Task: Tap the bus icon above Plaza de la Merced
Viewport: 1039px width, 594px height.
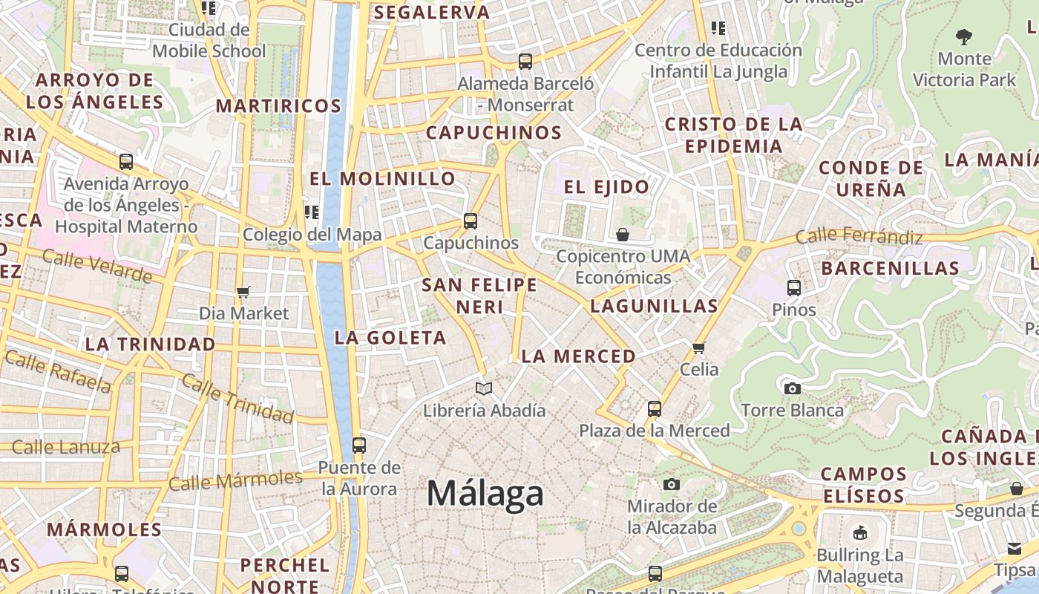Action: tap(654, 408)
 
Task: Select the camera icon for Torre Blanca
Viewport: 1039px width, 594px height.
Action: tap(793, 388)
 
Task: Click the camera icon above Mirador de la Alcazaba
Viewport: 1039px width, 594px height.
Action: tap(672, 485)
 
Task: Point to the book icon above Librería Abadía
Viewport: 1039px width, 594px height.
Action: tap(484, 388)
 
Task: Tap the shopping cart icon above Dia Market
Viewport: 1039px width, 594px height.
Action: tap(243, 292)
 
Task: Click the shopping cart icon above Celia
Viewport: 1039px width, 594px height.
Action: tap(698, 347)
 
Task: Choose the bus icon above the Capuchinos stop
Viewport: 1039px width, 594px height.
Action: tap(470, 221)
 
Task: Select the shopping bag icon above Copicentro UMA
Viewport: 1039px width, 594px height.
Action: tap(623, 235)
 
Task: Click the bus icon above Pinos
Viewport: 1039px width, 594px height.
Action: tap(793, 288)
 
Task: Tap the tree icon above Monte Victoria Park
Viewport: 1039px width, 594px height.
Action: tap(964, 36)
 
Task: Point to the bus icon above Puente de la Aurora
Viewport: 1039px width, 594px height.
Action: tap(359, 446)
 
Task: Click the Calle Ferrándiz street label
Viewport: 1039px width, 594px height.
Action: tap(859, 237)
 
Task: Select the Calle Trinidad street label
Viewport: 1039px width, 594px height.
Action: tap(237, 399)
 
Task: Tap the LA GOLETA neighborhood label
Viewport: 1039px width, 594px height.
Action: tap(390, 338)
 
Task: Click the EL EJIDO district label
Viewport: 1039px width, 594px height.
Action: tap(606, 187)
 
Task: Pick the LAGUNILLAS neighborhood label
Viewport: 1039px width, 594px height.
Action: tap(654, 306)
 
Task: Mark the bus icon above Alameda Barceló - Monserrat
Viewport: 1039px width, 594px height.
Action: tap(525, 62)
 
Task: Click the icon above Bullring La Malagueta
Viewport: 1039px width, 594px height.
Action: tap(860, 532)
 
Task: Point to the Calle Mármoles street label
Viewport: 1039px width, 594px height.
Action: tap(236, 480)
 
